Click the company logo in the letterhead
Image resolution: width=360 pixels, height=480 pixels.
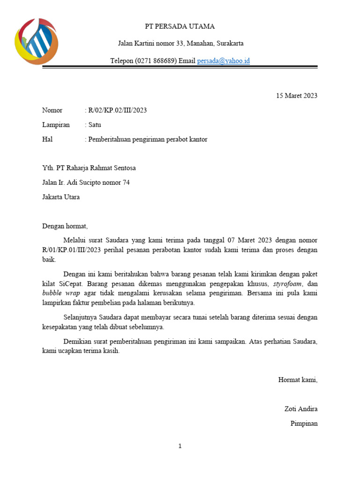pos(36,41)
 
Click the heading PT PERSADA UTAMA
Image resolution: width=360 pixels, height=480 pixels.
pos(180,26)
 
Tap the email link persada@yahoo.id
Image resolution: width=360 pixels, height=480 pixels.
pos(223,61)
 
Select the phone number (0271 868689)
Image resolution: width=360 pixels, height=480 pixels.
pos(156,61)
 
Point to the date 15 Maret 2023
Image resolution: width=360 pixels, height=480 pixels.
pos(297,96)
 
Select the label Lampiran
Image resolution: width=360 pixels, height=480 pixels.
pos(56,125)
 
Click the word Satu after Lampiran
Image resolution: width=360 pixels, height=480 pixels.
pos(94,125)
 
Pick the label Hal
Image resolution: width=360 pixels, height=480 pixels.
pos(47,139)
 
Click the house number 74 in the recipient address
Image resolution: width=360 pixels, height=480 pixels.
pos(126,182)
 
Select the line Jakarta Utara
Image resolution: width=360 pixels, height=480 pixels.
pos(61,197)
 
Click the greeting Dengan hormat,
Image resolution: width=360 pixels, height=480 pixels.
pos(65,226)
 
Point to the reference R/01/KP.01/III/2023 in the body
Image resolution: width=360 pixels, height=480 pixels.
pos(71,250)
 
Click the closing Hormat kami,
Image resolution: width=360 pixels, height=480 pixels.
pos(298,380)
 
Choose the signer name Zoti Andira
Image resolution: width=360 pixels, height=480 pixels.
pos(301,409)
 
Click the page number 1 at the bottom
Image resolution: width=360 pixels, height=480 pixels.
pos(180,446)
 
